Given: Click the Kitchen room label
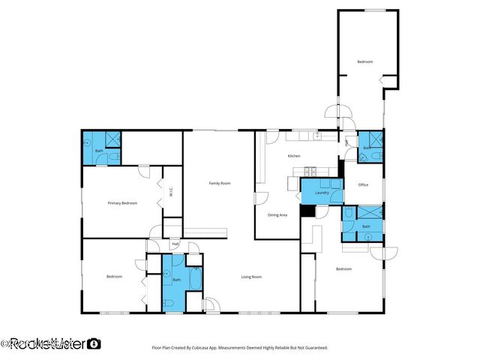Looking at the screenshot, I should [295, 156].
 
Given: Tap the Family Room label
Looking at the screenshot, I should [219, 184].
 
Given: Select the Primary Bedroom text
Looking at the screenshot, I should [122, 203].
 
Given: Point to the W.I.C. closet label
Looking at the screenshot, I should [172, 191].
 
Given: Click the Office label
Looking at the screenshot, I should [363, 184].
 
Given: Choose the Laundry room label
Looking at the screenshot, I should [322, 193].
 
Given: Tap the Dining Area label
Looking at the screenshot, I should [277, 215].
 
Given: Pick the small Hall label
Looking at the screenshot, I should [175, 244].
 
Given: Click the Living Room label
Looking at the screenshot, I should [250, 277].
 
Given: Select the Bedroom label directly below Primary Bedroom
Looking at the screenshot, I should [114, 277].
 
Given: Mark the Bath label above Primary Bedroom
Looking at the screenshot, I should [99, 151].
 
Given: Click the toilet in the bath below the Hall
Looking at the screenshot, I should [170, 303].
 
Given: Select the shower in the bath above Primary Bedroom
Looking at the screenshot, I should [112, 139].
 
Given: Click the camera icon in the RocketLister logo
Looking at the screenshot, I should [94, 344].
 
